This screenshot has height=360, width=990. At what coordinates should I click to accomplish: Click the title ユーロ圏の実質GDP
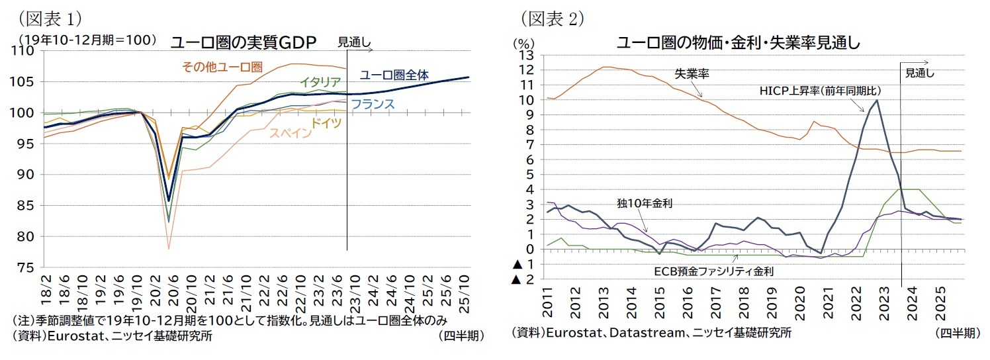coord(244,43)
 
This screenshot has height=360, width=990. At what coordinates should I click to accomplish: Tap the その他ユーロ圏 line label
coord(222,67)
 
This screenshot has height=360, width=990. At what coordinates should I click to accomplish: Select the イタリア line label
coord(320,83)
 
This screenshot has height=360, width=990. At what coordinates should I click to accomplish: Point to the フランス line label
coord(372,104)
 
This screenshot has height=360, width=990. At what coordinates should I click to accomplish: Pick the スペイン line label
coord(289,133)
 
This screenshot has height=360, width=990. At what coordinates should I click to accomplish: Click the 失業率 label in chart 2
coord(692,74)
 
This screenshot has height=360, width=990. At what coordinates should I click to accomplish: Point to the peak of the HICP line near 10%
coord(877,101)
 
